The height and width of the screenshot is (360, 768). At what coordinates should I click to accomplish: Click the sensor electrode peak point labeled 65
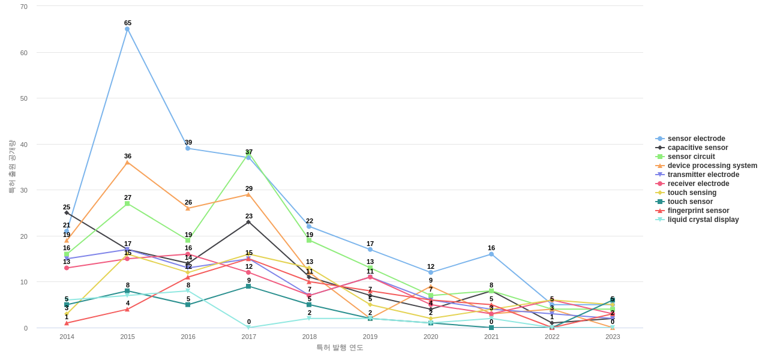127,29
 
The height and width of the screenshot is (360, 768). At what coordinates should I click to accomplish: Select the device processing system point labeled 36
127,163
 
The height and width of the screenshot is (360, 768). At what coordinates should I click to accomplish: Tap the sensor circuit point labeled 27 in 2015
127,204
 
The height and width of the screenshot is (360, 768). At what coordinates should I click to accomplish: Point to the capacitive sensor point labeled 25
67,213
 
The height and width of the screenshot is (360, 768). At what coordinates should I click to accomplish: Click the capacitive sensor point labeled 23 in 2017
248,222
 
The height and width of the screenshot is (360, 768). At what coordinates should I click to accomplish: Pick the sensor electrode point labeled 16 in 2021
491,254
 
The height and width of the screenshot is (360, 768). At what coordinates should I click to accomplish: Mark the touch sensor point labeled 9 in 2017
248,286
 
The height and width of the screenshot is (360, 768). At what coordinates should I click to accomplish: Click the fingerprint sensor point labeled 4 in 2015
127,310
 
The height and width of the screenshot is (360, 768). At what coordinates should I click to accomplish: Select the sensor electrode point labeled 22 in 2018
309,227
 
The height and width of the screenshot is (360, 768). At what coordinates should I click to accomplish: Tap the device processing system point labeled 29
248,194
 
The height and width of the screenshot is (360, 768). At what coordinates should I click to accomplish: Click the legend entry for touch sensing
692,193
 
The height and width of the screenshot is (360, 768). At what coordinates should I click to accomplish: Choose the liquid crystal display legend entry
703,220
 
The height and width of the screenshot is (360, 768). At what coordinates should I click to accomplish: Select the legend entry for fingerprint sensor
698,211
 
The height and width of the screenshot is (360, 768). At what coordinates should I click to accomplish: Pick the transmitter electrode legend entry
703,175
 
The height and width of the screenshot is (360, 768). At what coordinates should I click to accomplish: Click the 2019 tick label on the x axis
370,337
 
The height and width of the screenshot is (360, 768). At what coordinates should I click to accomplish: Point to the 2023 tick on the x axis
613,337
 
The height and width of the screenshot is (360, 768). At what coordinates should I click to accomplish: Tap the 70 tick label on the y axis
24,7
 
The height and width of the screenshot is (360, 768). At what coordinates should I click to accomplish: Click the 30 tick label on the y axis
24,190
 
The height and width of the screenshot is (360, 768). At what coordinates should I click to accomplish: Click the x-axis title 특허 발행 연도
340,347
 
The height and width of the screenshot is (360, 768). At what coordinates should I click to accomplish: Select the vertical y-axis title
11,167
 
